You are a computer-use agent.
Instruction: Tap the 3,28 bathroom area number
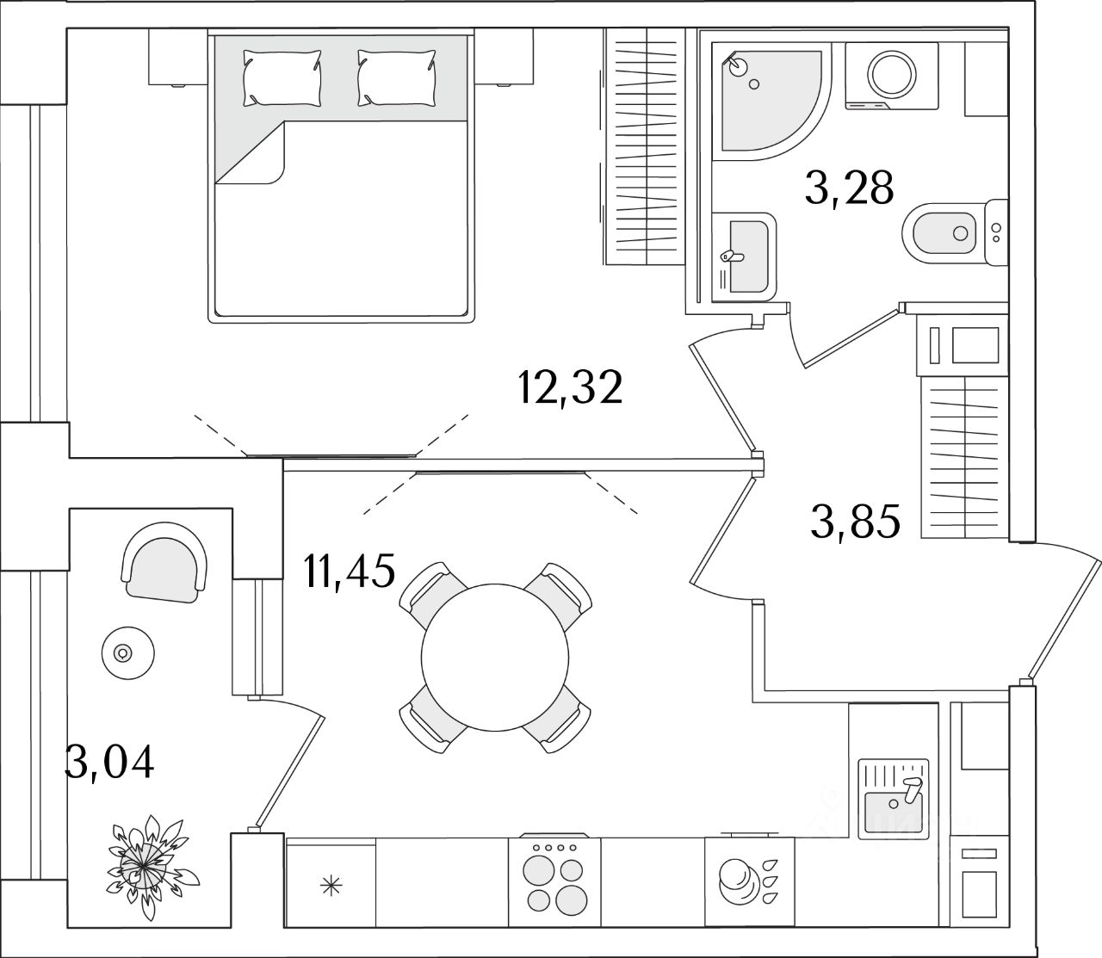coord(850,188)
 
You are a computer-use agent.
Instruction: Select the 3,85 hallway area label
coord(855,522)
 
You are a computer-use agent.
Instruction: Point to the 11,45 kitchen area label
coord(350,572)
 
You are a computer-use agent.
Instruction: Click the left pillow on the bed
coord(282,77)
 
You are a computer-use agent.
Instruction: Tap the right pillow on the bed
coord(397,77)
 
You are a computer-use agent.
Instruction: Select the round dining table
coord(495,658)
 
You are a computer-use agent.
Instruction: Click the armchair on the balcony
coord(164,562)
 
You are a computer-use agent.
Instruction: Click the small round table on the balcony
coord(127,653)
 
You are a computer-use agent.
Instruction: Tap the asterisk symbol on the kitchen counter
coord(331,886)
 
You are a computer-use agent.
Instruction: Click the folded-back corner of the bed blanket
coord(250,153)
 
